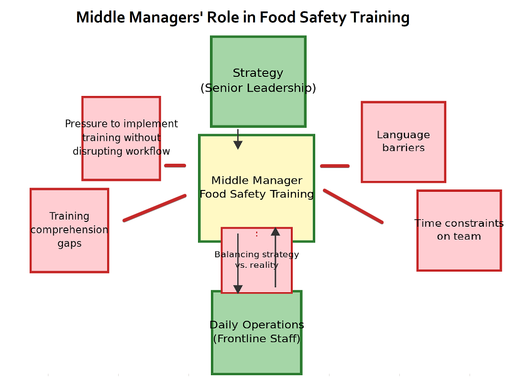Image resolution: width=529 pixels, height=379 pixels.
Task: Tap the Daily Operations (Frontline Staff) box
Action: point(257,358)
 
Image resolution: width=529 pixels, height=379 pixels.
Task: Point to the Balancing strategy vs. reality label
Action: point(256,260)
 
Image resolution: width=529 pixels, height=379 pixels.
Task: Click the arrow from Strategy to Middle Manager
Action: point(238,139)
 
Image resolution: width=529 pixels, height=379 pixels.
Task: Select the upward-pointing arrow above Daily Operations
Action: point(275,258)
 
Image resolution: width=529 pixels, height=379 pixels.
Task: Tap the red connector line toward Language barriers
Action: point(334,166)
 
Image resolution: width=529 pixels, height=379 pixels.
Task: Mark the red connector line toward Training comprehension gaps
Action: point(154,208)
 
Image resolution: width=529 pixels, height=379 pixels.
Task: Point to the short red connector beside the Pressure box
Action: point(175,166)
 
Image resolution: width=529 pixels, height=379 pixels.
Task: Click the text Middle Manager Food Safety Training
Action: point(257,188)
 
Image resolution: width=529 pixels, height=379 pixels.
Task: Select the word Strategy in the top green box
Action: point(258,73)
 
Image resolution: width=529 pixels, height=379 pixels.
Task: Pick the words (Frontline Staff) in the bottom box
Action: point(257,339)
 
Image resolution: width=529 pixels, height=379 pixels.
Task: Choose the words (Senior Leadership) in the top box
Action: point(258,88)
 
